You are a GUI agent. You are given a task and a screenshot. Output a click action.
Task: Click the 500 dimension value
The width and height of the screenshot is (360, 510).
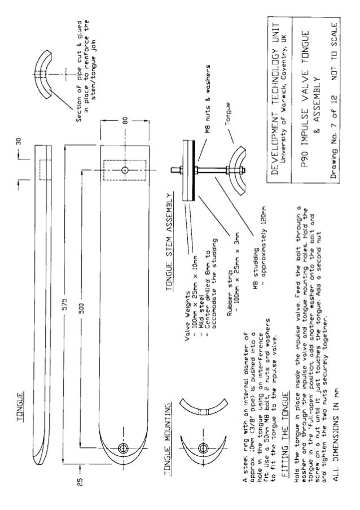pyautogui.click(x=82, y=310)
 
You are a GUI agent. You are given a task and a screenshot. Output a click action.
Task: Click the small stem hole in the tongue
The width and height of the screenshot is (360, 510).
pyautogui.click(x=124, y=169)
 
